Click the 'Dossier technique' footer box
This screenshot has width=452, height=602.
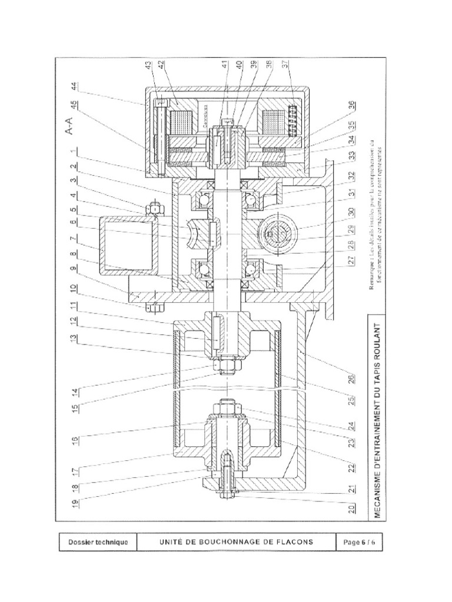[98, 542]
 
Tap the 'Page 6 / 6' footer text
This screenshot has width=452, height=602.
[359, 542]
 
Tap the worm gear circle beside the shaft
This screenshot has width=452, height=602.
[275, 235]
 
